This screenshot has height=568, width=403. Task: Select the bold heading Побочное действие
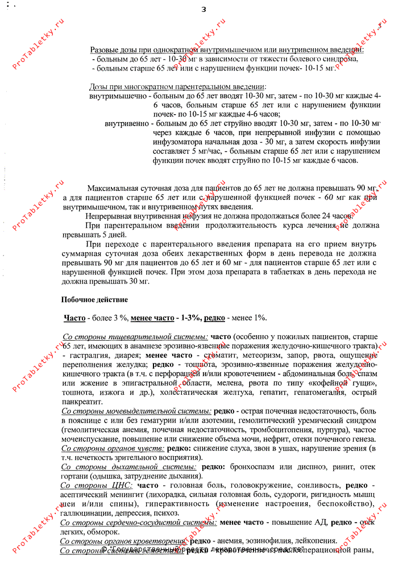pyautogui.click(x=94, y=299)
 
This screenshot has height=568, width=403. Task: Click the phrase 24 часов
pyautogui.click(x=335, y=216)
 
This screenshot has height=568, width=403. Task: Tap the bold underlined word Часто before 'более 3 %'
pyautogui.click(x=74, y=318)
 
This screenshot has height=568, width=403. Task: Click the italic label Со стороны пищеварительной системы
pyautogui.click(x=135, y=337)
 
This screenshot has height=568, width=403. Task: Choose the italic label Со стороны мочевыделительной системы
pyautogui.click(x=136, y=411)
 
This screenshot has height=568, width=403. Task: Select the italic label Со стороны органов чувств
pyautogui.click(x=109, y=448)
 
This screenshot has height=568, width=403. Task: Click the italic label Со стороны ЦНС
pyautogui.click(x=96, y=486)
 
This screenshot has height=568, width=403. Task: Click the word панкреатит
pyautogui.click(x=81, y=402)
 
